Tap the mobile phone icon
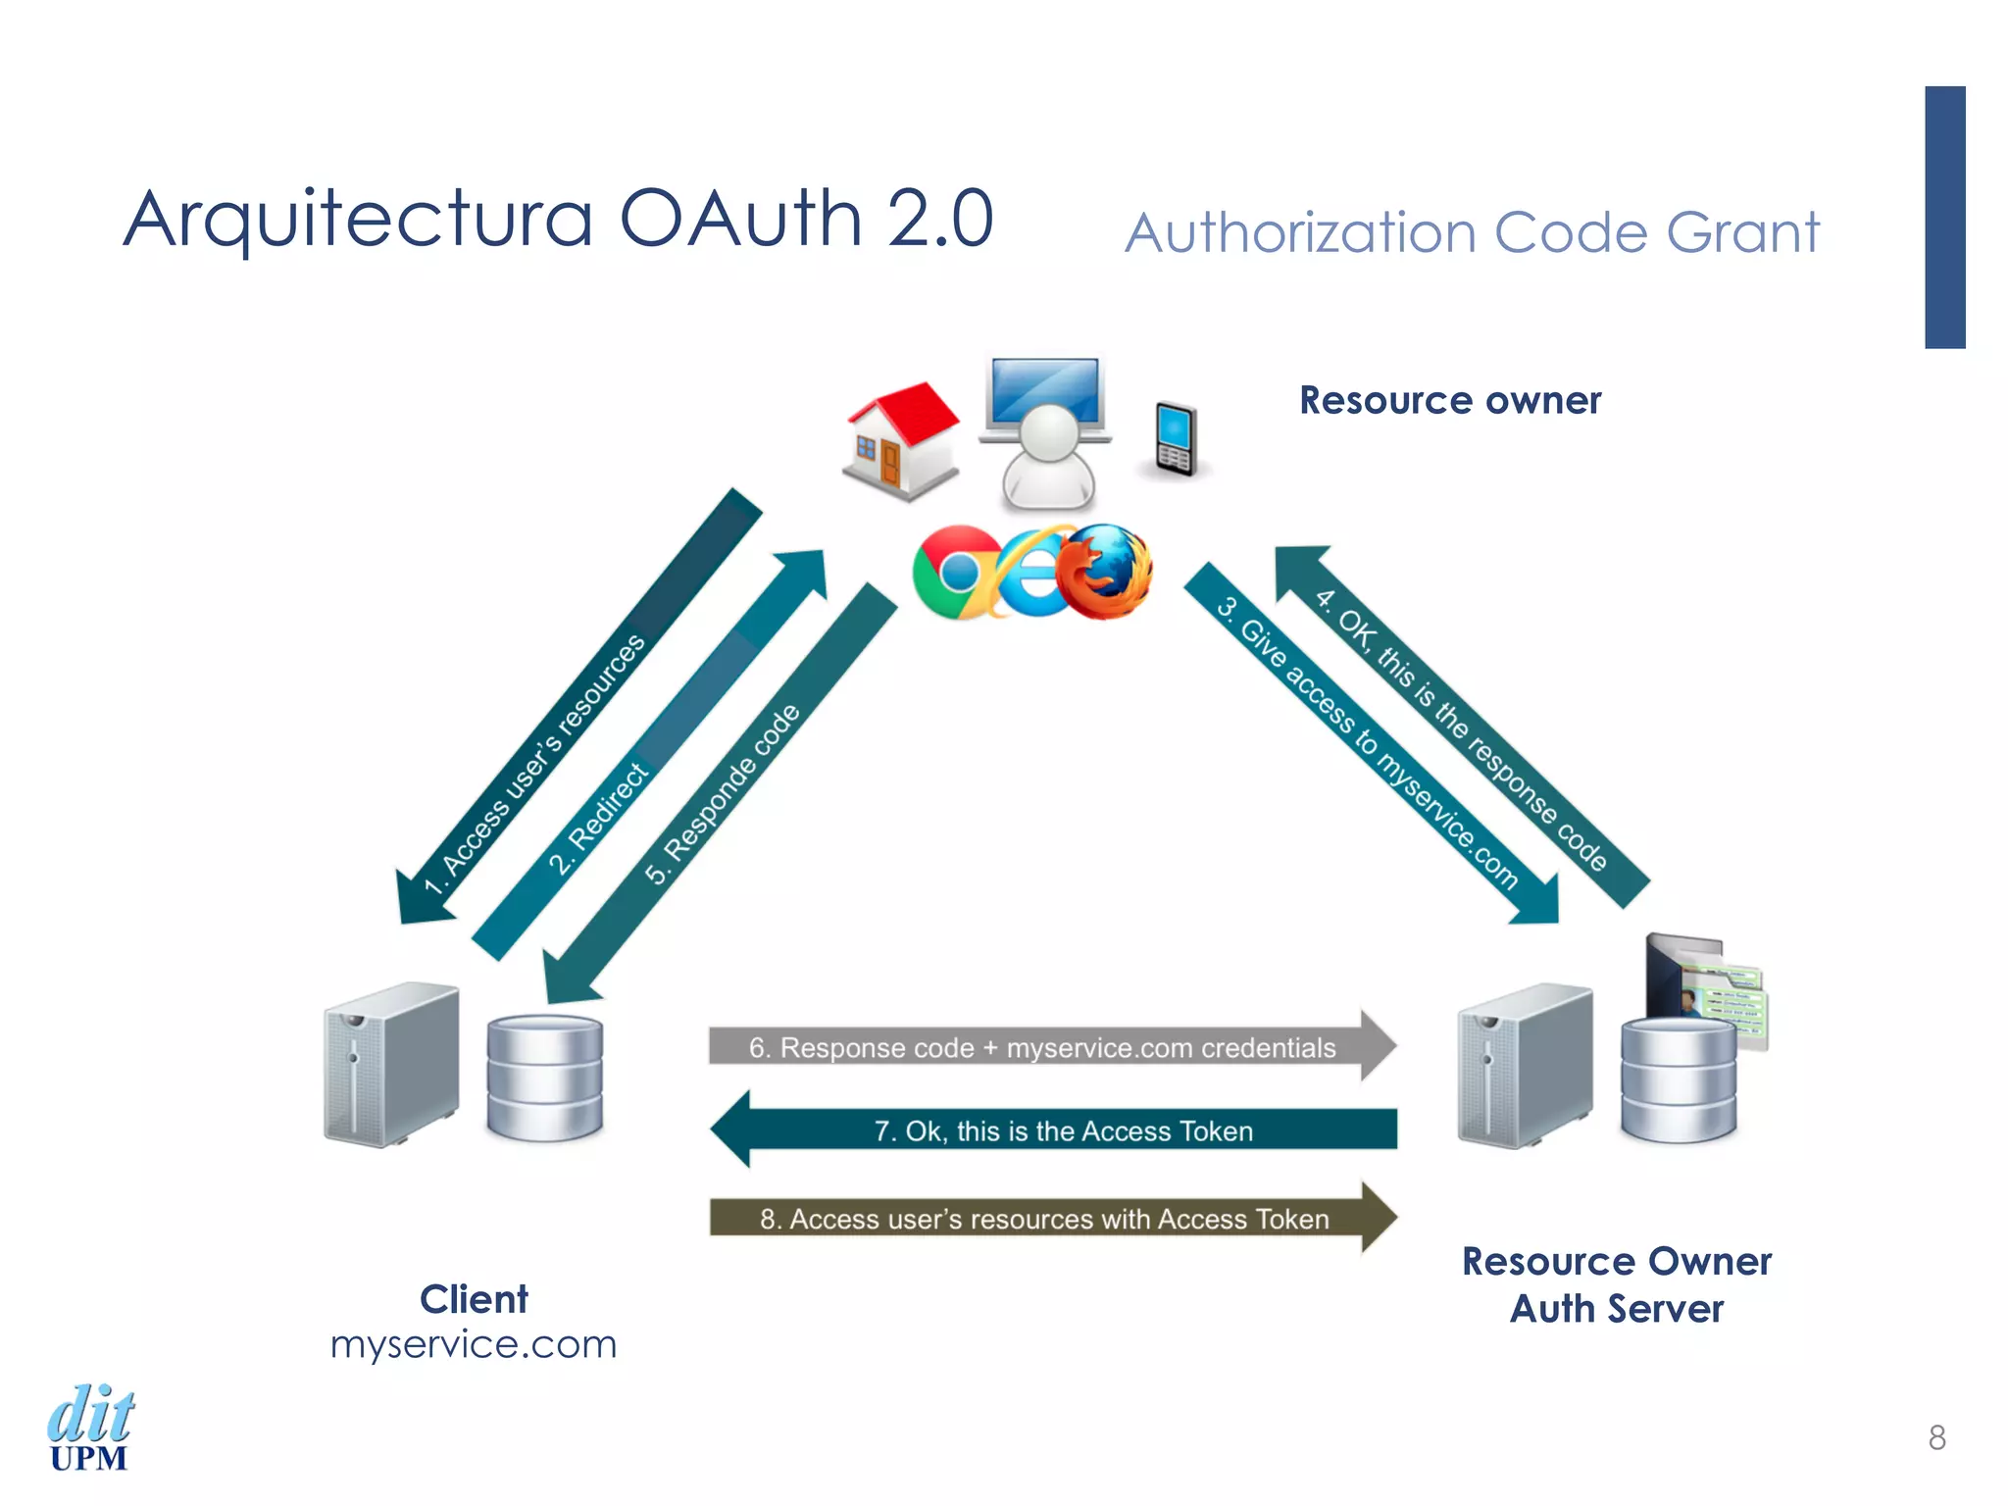click(1175, 438)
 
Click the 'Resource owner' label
click(1449, 400)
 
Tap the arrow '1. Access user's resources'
click(578, 706)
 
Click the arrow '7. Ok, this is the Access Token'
click(1059, 1129)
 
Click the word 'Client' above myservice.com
click(474, 1299)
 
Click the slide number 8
click(1936, 1437)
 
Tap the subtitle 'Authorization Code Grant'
click(1471, 233)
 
